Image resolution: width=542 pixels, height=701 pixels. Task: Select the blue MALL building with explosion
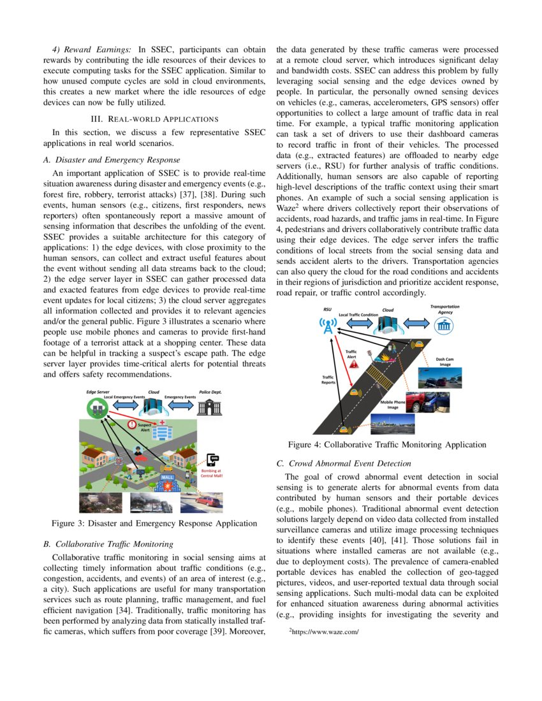tap(168, 481)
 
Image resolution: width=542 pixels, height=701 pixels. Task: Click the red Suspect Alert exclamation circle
tap(132, 424)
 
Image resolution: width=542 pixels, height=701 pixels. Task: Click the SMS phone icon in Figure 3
tap(214, 461)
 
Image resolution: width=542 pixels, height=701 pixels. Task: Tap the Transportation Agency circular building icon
tap(444, 326)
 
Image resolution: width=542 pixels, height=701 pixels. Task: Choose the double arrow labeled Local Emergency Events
tap(124, 405)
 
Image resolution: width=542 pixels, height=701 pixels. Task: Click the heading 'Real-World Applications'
tap(154, 119)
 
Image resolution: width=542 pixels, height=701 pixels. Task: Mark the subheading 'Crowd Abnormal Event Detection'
tap(343, 463)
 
